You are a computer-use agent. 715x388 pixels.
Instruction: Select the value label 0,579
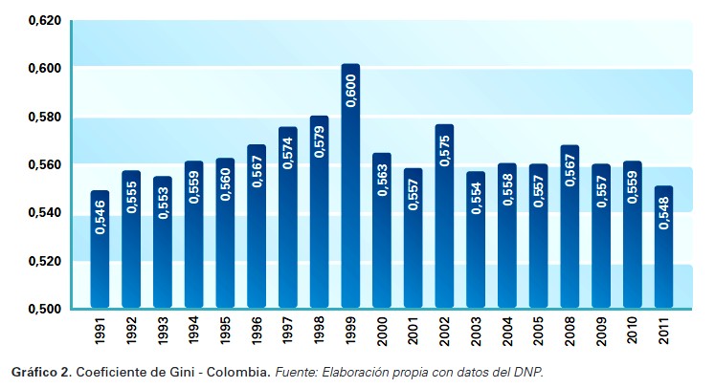tap(320, 139)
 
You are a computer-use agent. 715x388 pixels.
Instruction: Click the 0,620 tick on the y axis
tap(44, 20)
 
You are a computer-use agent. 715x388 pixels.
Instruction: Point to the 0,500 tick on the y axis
tap(44, 309)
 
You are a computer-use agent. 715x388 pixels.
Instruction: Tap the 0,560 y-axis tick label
tap(44, 164)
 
